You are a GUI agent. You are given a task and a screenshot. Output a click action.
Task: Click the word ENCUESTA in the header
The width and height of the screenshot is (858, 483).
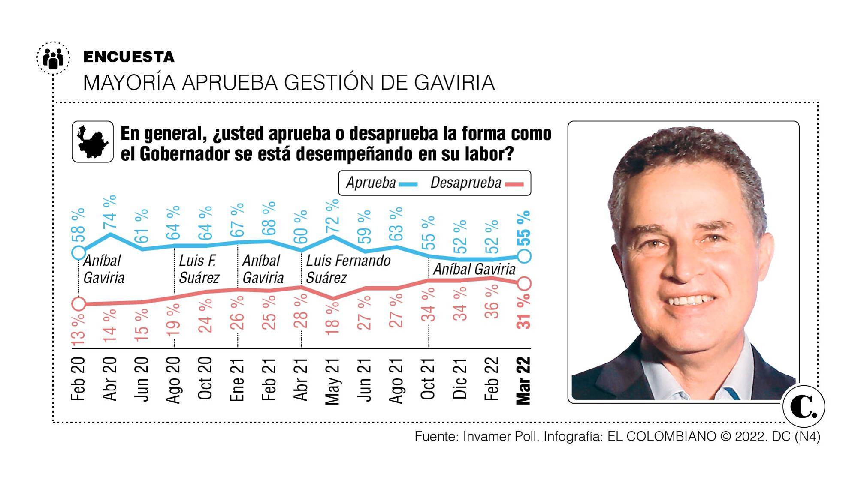(129, 57)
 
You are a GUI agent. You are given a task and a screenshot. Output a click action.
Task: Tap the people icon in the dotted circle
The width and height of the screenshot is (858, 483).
(53, 58)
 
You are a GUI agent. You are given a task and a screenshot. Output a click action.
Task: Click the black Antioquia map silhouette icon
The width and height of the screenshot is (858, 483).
(92, 142)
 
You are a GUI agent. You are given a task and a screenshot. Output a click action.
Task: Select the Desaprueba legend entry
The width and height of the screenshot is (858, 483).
(476, 183)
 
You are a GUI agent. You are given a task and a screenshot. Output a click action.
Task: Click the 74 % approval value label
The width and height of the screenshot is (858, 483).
(110, 212)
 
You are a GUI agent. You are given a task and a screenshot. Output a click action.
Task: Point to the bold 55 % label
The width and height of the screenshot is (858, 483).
(524, 228)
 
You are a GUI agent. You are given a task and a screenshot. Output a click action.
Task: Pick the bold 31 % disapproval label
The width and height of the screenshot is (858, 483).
(524, 314)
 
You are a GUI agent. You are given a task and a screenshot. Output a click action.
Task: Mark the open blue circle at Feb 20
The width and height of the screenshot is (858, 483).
(79, 252)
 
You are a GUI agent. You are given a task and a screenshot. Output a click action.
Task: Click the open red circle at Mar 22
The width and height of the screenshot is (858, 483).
(525, 283)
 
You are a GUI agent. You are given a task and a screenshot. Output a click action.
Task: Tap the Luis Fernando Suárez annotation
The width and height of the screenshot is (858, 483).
(347, 269)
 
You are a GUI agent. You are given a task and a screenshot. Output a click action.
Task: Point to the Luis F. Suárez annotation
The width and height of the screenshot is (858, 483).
(199, 269)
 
